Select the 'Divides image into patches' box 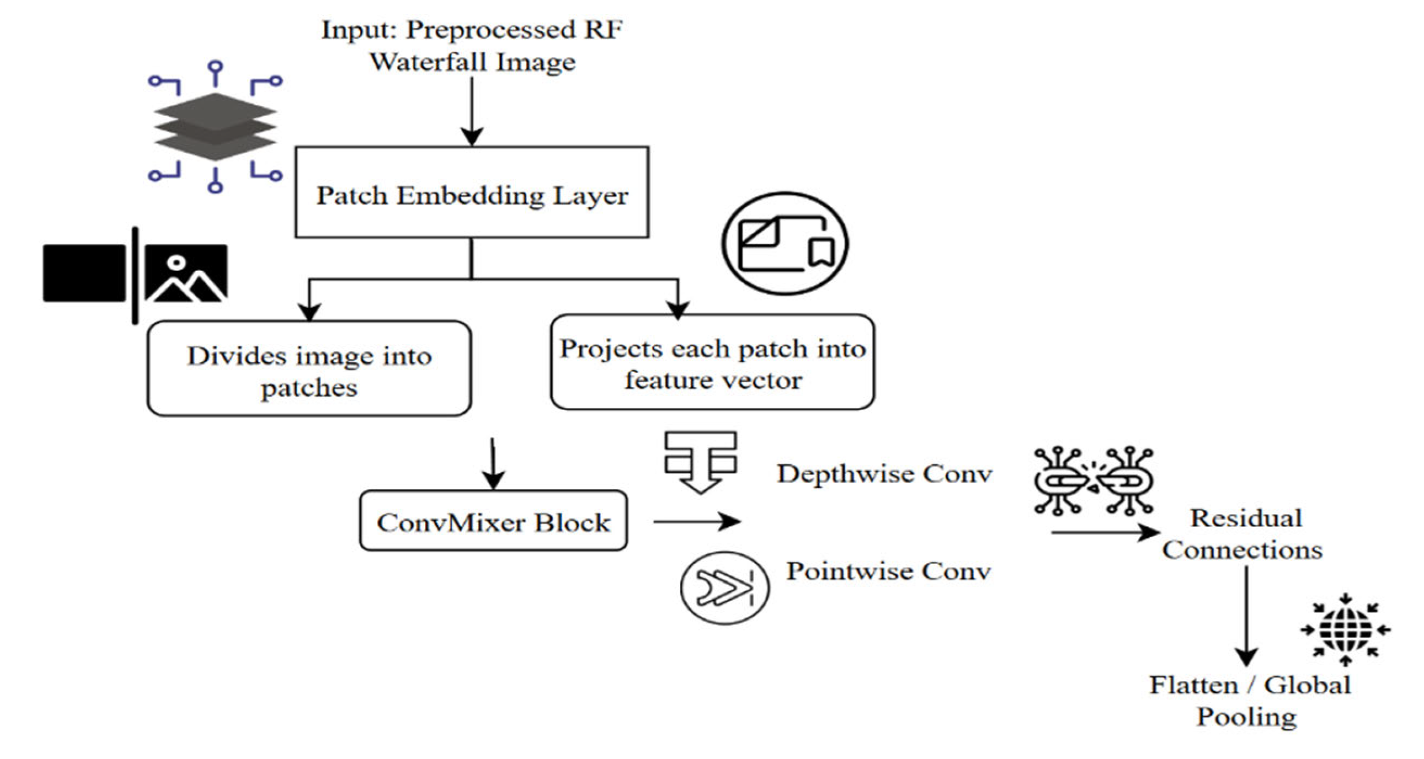(309, 369)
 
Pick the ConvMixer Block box (493, 521)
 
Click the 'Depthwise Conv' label (884, 474)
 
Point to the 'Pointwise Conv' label (888, 572)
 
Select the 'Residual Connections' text (1243, 534)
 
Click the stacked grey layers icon (215, 127)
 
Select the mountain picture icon (186, 273)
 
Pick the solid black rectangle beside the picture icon (84, 273)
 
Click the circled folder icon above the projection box (784, 243)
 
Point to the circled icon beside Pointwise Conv (724, 588)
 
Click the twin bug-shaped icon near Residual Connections (1093, 480)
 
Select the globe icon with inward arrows (1345, 630)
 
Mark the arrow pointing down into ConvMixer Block (493, 464)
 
